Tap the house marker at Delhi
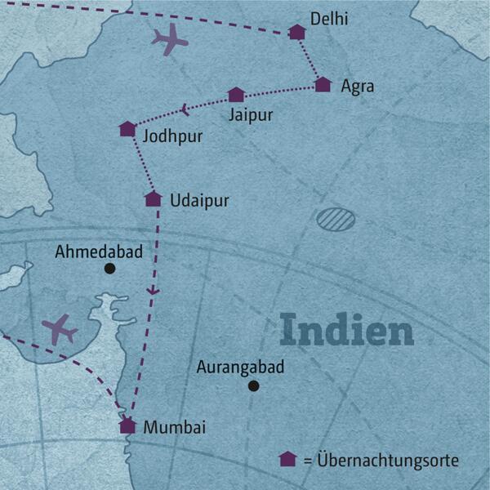coord(297,33)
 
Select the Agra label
coord(358,85)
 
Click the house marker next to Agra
coord(323,84)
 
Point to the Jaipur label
coord(251,114)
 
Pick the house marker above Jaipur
coord(236,95)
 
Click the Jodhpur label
coord(172,136)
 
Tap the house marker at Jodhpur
coord(127,129)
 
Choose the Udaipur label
coord(199,200)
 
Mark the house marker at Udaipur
coord(153,198)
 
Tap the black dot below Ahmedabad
coord(109,268)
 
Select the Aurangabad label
coord(240,367)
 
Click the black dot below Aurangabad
coord(253,386)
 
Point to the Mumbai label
coord(174,426)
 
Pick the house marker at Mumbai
coord(127,425)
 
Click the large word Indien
coord(346,331)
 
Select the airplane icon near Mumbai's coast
coord(59,329)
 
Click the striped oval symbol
coord(332,218)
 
